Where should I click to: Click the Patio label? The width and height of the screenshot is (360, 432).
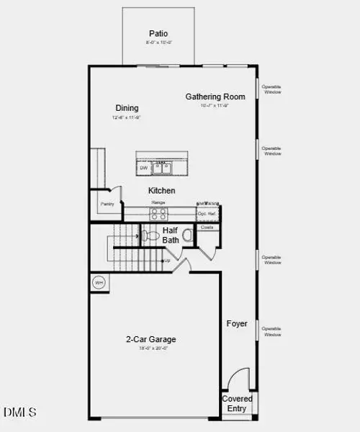click(x=158, y=33)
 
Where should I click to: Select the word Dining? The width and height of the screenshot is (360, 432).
click(x=127, y=108)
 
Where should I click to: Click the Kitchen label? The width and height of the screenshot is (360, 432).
click(x=161, y=191)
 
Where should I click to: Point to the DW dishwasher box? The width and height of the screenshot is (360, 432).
click(x=143, y=168)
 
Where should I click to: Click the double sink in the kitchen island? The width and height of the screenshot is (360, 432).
click(x=161, y=168)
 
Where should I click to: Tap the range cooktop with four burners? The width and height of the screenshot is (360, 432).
click(x=158, y=213)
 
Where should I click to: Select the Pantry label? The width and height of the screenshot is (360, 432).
click(x=107, y=204)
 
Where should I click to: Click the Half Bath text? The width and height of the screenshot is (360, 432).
click(x=171, y=235)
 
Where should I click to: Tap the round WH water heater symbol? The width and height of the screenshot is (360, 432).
click(x=99, y=282)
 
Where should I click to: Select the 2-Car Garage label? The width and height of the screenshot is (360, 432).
click(x=151, y=339)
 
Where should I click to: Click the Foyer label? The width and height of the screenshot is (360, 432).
click(x=237, y=324)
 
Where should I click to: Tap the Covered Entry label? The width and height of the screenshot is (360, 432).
click(x=237, y=403)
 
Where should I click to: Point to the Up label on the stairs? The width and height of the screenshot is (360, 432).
click(x=167, y=260)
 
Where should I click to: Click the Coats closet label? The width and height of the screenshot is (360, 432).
click(x=207, y=228)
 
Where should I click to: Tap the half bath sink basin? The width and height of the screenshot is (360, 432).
click(x=188, y=235)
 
